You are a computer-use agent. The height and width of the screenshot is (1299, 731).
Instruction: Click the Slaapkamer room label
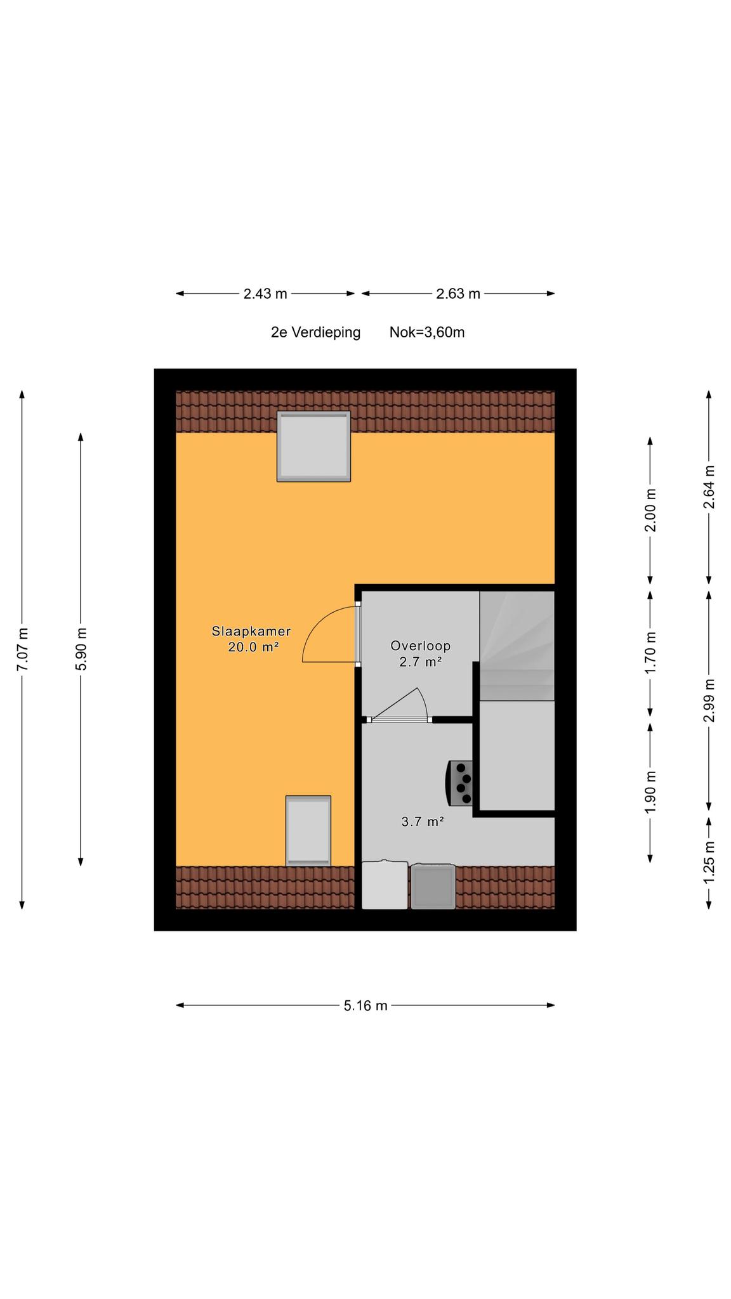251,631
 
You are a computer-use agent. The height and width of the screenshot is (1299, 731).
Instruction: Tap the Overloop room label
420,646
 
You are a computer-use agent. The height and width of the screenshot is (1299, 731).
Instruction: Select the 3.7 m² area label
422,821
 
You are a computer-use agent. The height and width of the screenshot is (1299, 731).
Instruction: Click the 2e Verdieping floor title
315,332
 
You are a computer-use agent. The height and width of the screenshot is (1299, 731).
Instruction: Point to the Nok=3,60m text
427,332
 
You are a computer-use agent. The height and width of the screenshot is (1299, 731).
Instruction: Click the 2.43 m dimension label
265,294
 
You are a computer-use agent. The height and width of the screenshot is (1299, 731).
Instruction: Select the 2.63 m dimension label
458,294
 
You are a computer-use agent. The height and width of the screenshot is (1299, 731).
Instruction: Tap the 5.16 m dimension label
365,1005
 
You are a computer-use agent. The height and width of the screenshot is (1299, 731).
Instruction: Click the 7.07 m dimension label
22,649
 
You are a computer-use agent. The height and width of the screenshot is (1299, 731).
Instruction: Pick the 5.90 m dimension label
81,649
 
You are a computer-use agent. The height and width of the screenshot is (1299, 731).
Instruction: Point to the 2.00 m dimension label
650,510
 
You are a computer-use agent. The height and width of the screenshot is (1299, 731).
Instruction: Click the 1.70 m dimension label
650,653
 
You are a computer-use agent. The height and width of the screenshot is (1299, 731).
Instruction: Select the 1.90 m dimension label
650,793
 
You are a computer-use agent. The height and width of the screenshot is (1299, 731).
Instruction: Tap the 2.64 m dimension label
709,486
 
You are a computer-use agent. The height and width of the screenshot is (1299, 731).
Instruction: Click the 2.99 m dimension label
709,700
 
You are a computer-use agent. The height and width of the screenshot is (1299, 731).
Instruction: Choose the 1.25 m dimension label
709,861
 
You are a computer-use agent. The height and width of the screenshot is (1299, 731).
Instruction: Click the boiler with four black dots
461,783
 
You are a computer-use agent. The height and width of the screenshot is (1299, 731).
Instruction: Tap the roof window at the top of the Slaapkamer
313,446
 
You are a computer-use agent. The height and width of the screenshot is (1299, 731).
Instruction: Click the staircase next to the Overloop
517,646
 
